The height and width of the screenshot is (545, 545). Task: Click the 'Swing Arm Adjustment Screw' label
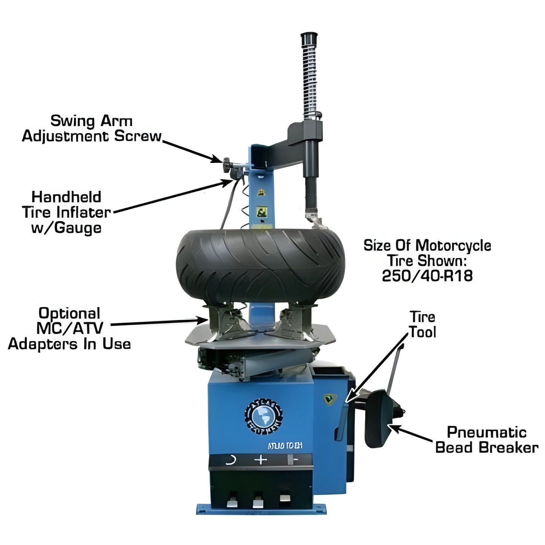point(92,129)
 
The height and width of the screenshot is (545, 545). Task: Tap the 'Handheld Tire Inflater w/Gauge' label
point(66,212)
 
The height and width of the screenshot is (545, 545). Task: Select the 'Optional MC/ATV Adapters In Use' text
point(69,329)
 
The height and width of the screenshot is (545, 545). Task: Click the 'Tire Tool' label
point(422,325)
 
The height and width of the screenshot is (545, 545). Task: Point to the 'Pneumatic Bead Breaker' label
point(487,440)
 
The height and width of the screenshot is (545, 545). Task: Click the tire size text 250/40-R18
point(427,276)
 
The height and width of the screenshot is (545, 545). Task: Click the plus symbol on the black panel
point(261,460)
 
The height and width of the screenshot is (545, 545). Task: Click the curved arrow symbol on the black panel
point(230,460)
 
